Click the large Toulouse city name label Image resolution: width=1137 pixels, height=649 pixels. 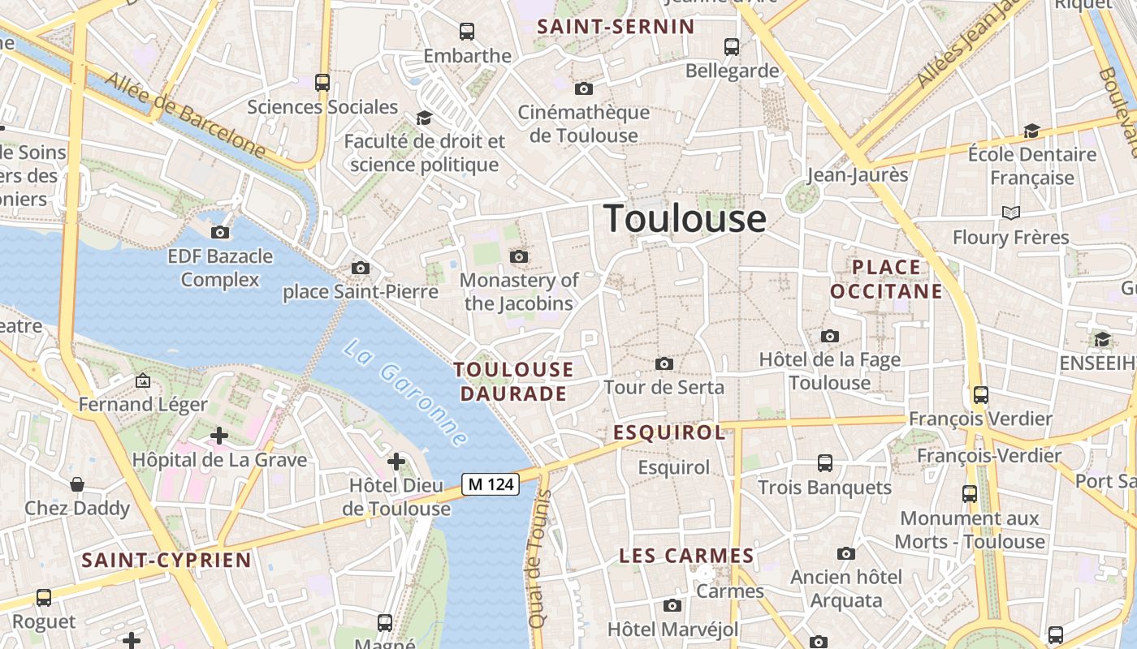[x=685, y=219]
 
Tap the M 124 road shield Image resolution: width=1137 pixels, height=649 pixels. [x=491, y=484]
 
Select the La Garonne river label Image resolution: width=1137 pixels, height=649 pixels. [x=405, y=393]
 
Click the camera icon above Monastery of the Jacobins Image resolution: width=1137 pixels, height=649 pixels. [x=518, y=257]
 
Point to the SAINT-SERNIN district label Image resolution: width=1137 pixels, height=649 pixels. [x=616, y=27]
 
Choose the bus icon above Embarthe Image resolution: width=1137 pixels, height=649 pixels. [x=467, y=32]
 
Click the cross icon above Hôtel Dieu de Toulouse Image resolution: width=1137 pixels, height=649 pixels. [x=396, y=462]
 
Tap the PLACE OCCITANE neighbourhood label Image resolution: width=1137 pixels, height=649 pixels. [x=886, y=279]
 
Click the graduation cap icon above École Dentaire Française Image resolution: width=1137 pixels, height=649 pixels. [x=1031, y=131]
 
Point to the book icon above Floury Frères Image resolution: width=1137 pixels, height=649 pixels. [x=1010, y=213]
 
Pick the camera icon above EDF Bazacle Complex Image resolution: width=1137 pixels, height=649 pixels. [x=219, y=233]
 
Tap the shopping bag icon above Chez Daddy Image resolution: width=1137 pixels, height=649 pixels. [x=77, y=484]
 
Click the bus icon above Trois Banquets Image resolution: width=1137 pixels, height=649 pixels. [x=825, y=463]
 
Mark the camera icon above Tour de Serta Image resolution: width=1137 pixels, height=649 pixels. [x=664, y=363]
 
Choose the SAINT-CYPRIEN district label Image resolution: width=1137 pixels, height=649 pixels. [x=166, y=560]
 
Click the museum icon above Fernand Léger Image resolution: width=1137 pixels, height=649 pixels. [x=143, y=380]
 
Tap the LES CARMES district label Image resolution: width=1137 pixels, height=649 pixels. [x=686, y=556]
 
